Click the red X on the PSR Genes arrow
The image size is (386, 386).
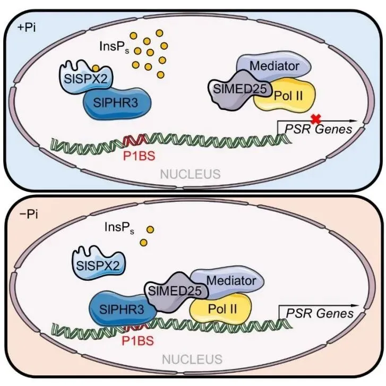coord(316,119)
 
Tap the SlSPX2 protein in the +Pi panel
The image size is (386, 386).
coord(85,78)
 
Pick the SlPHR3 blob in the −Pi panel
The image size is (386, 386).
coord(122,309)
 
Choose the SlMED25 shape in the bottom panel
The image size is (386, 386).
coord(176,292)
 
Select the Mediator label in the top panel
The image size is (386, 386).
coord(275,66)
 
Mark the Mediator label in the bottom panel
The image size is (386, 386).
coord(231,281)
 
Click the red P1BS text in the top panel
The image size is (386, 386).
coord(139,156)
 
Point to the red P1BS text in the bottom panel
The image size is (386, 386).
coord(138,341)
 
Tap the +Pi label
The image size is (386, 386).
coord(27,28)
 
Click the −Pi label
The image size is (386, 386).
coord(29,214)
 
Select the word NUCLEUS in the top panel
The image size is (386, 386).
coord(190,174)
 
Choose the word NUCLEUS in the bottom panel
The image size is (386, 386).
coord(192,359)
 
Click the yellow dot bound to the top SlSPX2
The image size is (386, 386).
coord(96,68)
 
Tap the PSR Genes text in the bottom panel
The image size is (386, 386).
coord(320,314)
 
